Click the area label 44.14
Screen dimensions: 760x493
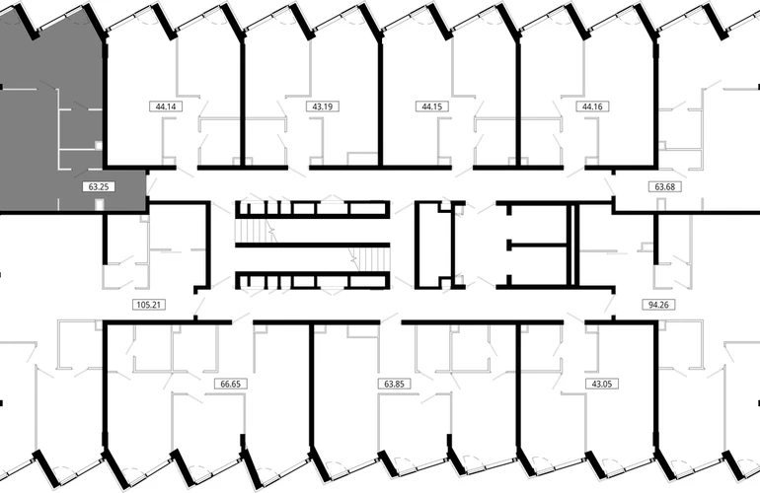pyautogui.click(x=166, y=106)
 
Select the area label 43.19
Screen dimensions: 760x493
pyautogui.click(x=323, y=106)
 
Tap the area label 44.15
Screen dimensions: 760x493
pyautogui.click(x=432, y=106)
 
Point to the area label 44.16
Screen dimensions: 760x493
pyautogui.click(x=592, y=106)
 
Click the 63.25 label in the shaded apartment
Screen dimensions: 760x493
pyautogui.click(x=99, y=186)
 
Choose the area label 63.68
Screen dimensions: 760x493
pyautogui.click(x=664, y=186)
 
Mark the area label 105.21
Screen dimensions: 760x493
pyautogui.click(x=149, y=305)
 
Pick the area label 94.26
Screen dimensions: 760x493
pyautogui.click(x=658, y=305)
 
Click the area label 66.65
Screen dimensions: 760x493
pyautogui.click(x=230, y=384)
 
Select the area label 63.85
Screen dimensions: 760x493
pyautogui.click(x=394, y=384)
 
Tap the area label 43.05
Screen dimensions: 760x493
pyautogui.click(x=601, y=384)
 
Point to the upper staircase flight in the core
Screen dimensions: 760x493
pyautogui.click(x=256, y=230)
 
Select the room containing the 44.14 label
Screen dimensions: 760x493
pyautogui.click(x=140, y=97)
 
